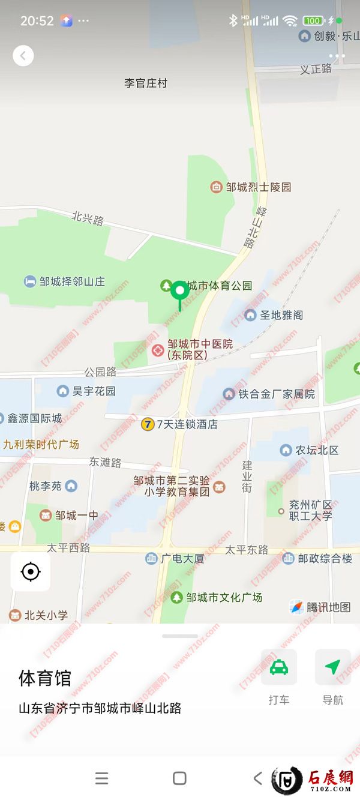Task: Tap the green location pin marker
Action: (x=179, y=292)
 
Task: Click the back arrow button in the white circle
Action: (x=23, y=56)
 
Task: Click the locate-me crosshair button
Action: (x=31, y=572)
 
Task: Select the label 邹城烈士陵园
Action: (x=258, y=187)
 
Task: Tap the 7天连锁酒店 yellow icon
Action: (x=148, y=424)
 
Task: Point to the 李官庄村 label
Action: (x=145, y=83)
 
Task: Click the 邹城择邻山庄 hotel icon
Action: (x=30, y=281)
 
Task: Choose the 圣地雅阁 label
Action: (x=281, y=315)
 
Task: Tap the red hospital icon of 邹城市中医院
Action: (x=158, y=350)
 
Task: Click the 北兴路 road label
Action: (x=88, y=218)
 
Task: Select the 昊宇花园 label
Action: (x=94, y=391)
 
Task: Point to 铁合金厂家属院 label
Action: (x=277, y=394)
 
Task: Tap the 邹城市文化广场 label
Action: (x=224, y=597)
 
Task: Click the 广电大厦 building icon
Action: (x=151, y=559)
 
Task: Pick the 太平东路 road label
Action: (x=247, y=550)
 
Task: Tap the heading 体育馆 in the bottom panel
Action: (x=45, y=678)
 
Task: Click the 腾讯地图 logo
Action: (x=320, y=607)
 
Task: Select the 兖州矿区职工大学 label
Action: (x=310, y=511)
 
